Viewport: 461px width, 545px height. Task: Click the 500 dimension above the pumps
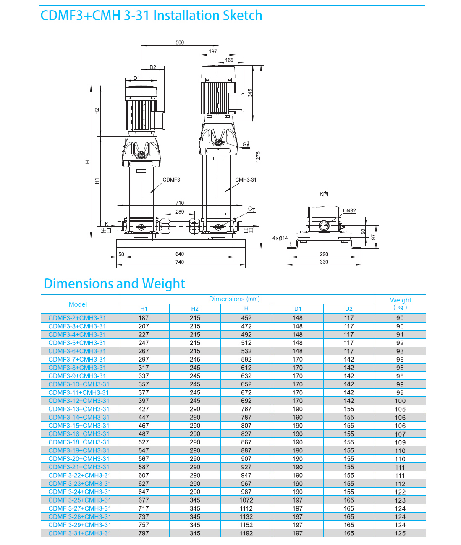click(x=180, y=42)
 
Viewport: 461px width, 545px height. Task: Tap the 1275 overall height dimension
click(x=258, y=157)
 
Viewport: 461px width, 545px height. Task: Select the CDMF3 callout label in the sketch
click(x=171, y=180)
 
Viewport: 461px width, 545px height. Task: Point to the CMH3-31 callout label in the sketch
click(x=246, y=180)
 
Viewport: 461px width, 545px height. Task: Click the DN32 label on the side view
click(x=349, y=210)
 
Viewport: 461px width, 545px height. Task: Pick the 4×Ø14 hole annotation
click(x=280, y=238)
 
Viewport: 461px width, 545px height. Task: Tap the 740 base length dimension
click(x=180, y=262)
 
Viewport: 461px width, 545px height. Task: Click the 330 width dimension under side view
click(x=324, y=262)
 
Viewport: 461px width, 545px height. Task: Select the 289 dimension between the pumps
click(x=180, y=212)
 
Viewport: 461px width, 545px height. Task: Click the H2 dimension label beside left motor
click(x=97, y=111)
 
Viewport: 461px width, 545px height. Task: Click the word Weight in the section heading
click(x=163, y=284)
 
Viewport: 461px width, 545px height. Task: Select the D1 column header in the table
click(x=298, y=309)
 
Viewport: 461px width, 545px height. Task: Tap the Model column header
click(x=78, y=304)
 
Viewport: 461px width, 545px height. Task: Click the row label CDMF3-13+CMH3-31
click(x=79, y=409)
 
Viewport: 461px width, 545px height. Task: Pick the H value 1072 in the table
click(x=246, y=500)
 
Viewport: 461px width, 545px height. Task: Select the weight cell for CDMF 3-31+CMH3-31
click(x=400, y=533)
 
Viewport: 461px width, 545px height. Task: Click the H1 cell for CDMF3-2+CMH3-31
click(x=144, y=318)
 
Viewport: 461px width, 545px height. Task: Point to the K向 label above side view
click(x=324, y=194)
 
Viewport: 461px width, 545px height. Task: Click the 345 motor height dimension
click(x=250, y=93)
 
